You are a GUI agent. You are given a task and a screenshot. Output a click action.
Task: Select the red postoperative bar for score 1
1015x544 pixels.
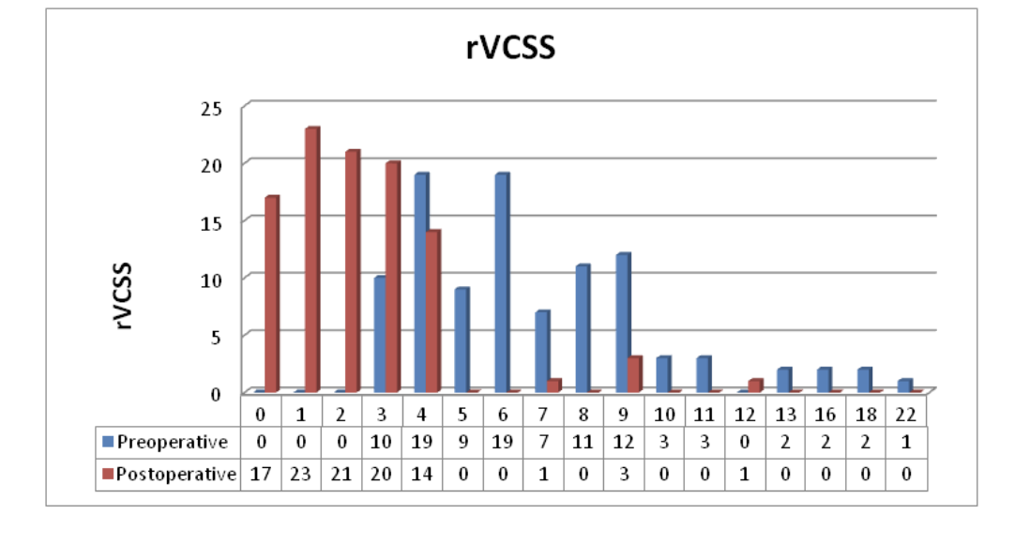(x=311, y=260)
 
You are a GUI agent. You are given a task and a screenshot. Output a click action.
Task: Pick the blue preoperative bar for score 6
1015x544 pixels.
(x=502, y=282)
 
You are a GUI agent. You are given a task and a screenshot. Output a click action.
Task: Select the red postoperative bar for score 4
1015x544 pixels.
(x=432, y=310)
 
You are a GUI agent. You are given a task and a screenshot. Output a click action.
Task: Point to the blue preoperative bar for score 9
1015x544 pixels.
(x=623, y=323)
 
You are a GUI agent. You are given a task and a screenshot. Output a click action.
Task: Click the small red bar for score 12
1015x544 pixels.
(x=755, y=385)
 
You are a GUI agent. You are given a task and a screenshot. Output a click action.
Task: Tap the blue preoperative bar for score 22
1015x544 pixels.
(x=905, y=385)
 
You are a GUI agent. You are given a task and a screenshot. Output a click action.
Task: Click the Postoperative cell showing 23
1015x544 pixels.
(x=300, y=474)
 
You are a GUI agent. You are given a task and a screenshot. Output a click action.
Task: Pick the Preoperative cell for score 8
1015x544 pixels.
(x=584, y=443)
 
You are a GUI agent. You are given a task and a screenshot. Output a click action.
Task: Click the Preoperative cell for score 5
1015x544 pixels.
(x=462, y=443)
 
